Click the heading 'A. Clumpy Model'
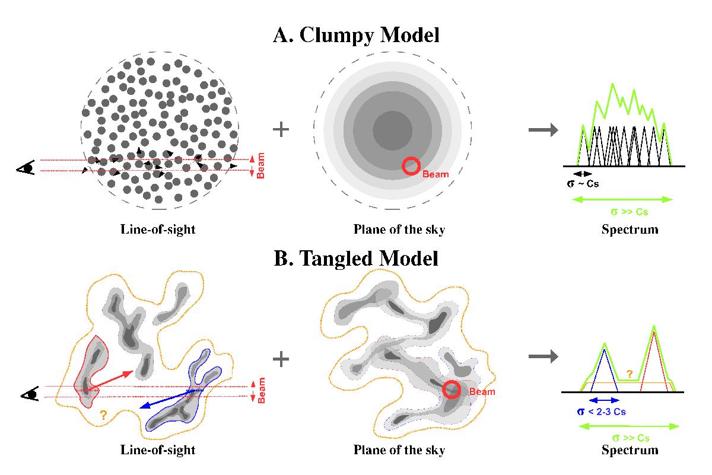(x=356, y=35)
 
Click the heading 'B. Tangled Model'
(x=356, y=259)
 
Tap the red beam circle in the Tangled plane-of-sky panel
(x=452, y=390)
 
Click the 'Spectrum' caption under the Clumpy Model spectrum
(x=630, y=229)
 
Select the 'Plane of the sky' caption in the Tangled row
(x=399, y=450)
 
